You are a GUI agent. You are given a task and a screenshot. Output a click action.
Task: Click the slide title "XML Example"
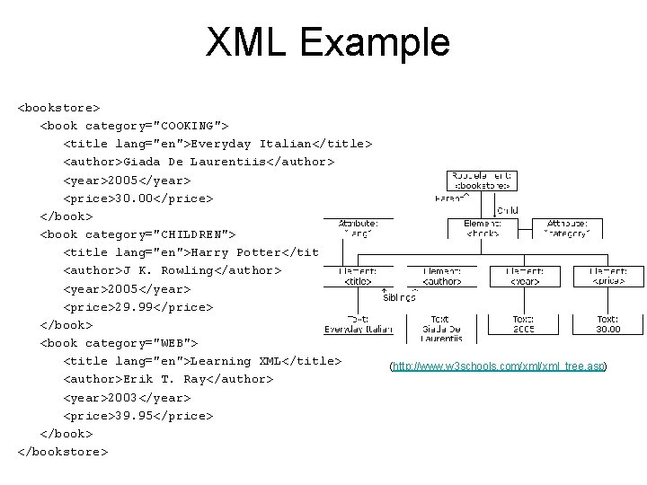pos(327,42)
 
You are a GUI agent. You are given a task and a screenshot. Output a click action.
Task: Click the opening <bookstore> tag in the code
pos(58,108)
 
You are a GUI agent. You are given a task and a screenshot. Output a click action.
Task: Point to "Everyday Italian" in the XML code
pos(255,144)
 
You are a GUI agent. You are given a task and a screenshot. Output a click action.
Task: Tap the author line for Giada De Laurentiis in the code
pos(199,162)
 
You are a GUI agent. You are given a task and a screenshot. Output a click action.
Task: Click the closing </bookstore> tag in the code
pos(62,452)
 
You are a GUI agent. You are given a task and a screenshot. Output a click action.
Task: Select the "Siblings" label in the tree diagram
pos(399,298)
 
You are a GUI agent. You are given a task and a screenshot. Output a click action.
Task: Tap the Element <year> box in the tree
pos(522,276)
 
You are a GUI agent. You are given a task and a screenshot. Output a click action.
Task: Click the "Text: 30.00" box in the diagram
pos(608,323)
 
